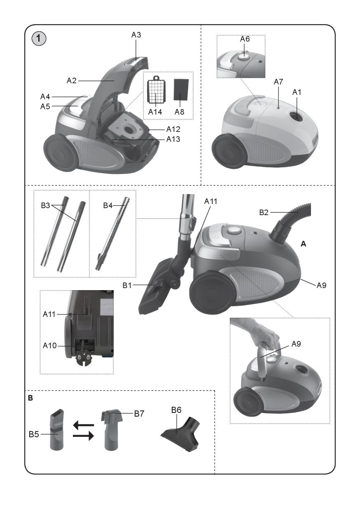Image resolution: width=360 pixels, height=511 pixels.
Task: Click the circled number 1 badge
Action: click(x=39, y=38)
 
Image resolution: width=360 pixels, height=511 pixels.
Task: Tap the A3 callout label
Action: click(x=136, y=35)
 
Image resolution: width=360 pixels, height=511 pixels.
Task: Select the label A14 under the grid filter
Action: click(x=155, y=112)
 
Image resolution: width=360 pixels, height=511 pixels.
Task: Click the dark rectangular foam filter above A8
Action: click(x=181, y=90)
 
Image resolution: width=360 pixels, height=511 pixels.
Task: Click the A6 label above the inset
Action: click(x=245, y=39)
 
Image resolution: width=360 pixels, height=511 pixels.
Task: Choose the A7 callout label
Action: click(x=278, y=82)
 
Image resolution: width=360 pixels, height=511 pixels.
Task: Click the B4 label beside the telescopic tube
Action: click(x=108, y=205)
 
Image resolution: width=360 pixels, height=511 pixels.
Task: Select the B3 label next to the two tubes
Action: click(x=45, y=205)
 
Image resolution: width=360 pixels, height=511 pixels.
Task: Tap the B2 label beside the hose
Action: click(x=264, y=212)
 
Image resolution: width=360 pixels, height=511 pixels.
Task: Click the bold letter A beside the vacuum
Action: click(x=303, y=244)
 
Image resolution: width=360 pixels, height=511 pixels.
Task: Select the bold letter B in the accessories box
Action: click(x=30, y=398)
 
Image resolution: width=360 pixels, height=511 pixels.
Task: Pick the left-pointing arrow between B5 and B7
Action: click(x=84, y=425)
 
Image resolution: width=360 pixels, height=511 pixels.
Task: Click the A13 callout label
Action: click(x=173, y=139)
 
